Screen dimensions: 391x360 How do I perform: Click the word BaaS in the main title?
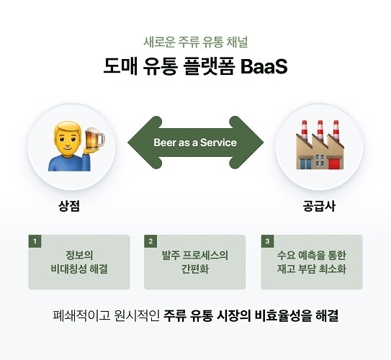pyautogui.click(x=264, y=66)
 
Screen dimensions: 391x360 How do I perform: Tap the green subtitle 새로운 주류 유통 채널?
pyautogui.click(x=196, y=42)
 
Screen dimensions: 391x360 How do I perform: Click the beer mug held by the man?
pyautogui.click(x=94, y=138)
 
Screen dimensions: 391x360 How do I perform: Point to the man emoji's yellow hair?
pyautogui.click(x=68, y=129)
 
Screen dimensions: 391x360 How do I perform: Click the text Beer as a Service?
pyautogui.click(x=195, y=143)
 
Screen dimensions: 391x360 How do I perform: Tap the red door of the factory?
pyautogui.click(x=334, y=163)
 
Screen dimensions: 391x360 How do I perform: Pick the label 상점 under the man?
pyautogui.click(x=69, y=206)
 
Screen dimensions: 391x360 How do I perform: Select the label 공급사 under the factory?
pyautogui.click(x=319, y=206)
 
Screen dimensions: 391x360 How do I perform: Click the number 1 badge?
pyautogui.click(x=35, y=241)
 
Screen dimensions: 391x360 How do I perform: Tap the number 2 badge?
pyautogui.click(x=150, y=241)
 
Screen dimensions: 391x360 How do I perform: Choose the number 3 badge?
pyautogui.click(x=267, y=241)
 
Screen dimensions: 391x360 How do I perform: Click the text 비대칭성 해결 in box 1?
pyautogui.click(x=79, y=269)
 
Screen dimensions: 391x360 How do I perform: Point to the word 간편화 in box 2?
pyautogui.click(x=195, y=269)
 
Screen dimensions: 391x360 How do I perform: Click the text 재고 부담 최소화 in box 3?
pyautogui.click(x=312, y=269)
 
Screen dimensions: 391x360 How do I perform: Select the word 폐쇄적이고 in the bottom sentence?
pyautogui.click(x=81, y=315)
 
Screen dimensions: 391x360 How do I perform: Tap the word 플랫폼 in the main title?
pyautogui.click(x=209, y=66)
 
